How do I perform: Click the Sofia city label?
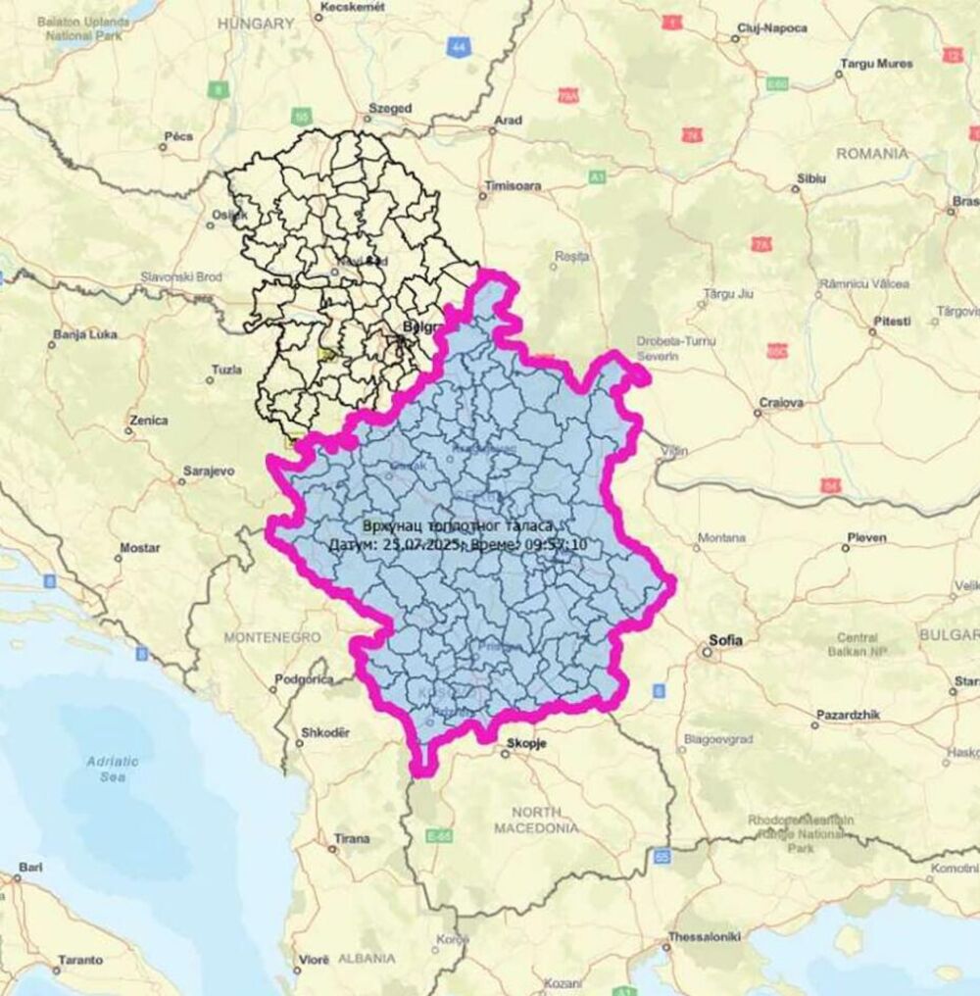click(x=726, y=640)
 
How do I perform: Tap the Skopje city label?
click(x=522, y=743)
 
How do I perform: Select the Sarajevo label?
click(x=209, y=471)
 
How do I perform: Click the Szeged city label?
click(x=389, y=108)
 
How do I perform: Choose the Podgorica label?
click(x=304, y=678)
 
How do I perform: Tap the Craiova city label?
click(x=781, y=402)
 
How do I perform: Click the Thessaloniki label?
click(x=704, y=936)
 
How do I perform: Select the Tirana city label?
click(x=352, y=838)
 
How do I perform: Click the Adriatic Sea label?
click(x=113, y=769)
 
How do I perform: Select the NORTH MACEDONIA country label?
click(x=535, y=820)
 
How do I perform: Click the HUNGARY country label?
click(x=256, y=22)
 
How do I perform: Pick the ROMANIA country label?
click(x=871, y=153)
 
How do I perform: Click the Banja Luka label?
click(x=85, y=333)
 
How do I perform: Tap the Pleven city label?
click(x=867, y=537)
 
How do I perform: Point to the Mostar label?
click(x=139, y=547)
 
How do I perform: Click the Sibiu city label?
click(x=812, y=178)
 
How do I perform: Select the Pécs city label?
click(x=178, y=137)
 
